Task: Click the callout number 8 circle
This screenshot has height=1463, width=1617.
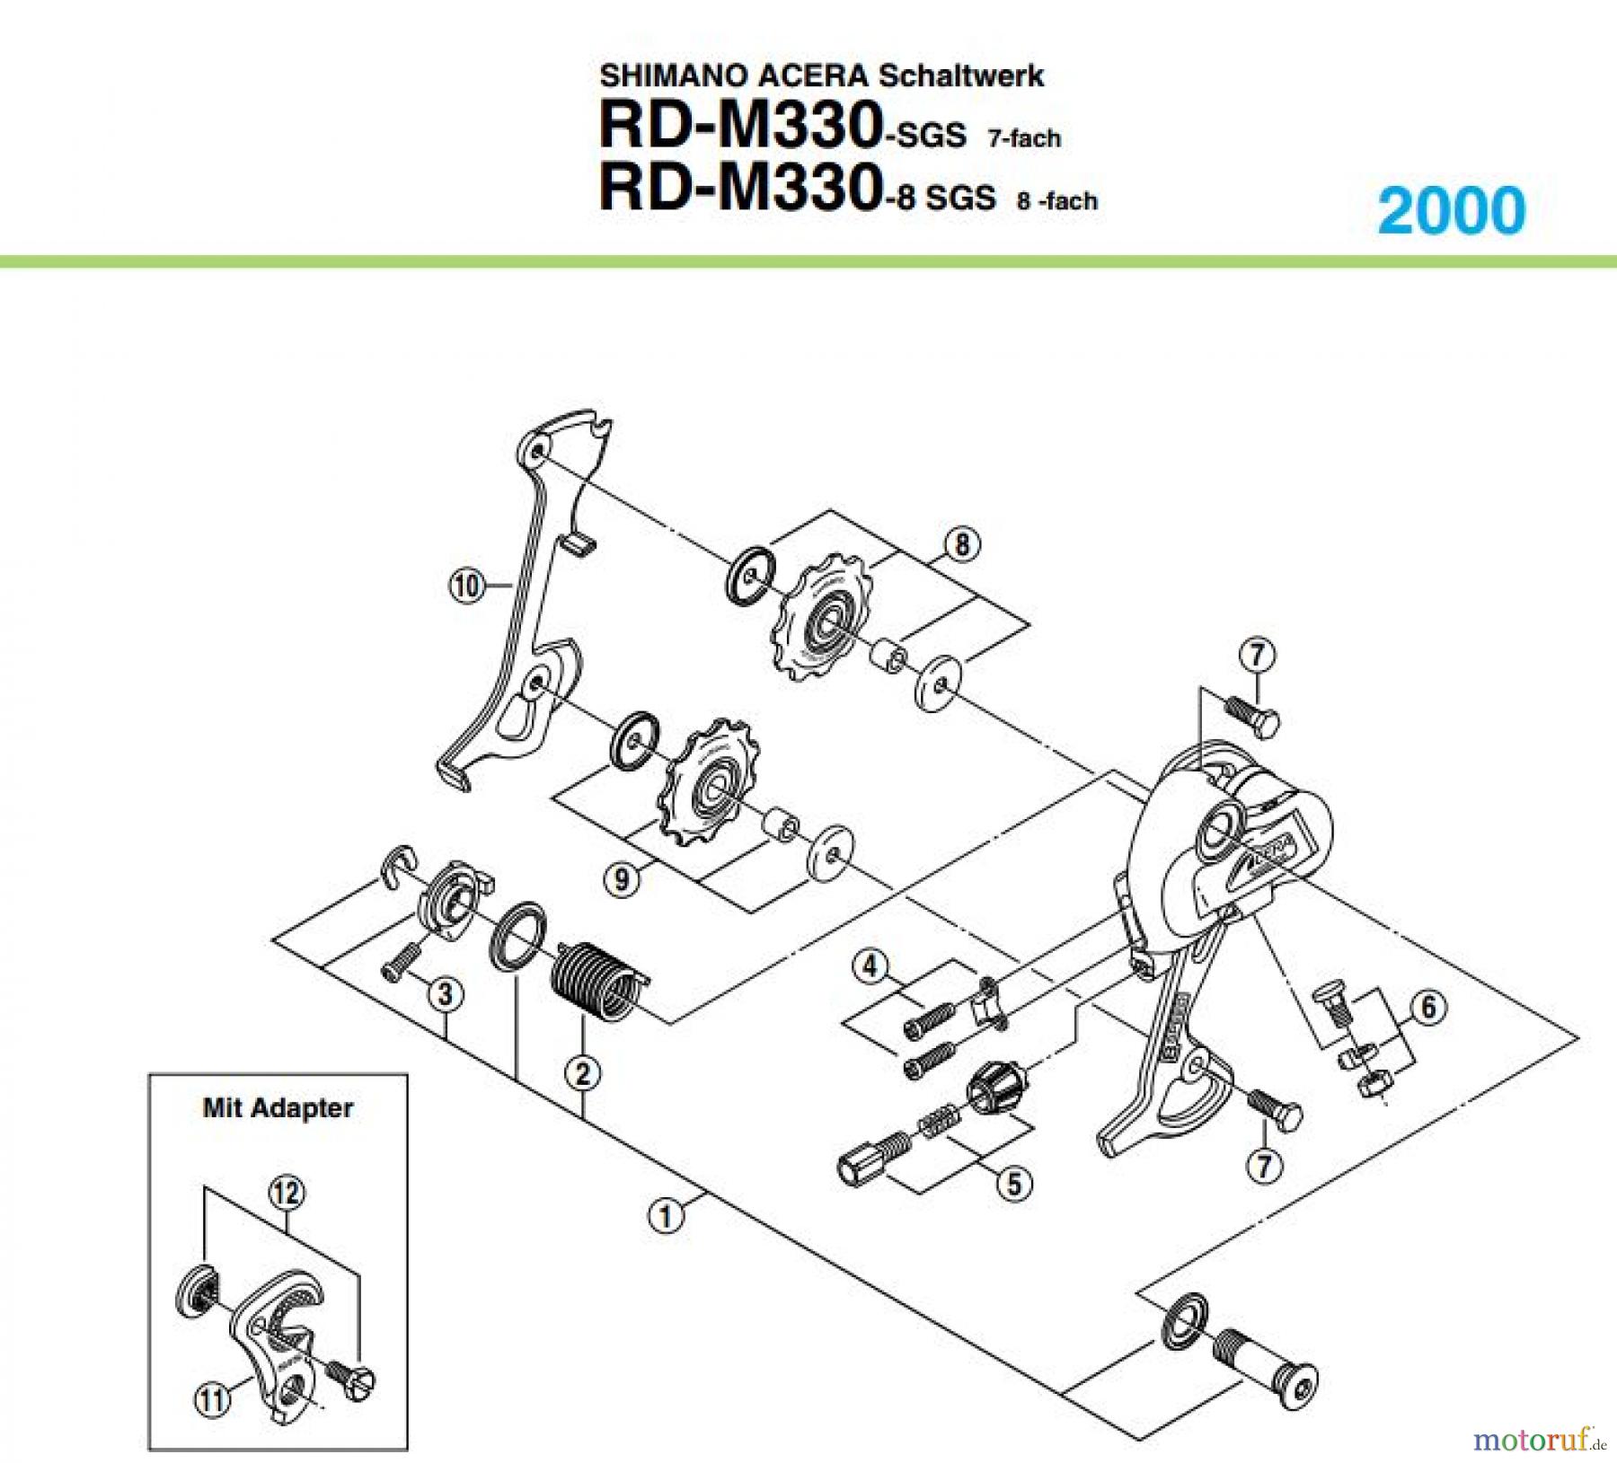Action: (x=962, y=543)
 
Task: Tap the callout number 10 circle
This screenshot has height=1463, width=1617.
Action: (x=466, y=586)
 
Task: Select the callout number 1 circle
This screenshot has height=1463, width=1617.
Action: (x=666, y=1216)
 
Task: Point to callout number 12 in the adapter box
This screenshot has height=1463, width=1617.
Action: (x=287, y=1194)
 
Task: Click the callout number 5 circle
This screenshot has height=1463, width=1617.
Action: (x=1013, y=1183)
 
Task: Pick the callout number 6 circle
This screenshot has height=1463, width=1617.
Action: (x=1428, y=1007)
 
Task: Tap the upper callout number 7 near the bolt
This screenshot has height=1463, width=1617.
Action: (x=1257, y=654)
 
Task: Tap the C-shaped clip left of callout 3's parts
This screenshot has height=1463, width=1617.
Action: (x=397, y=868)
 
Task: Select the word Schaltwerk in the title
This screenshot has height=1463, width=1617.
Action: (x=960, y=75)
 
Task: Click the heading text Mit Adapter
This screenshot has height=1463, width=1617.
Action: (x=278, y=1108)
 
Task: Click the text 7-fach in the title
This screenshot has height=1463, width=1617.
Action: (x=1024, y=138)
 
